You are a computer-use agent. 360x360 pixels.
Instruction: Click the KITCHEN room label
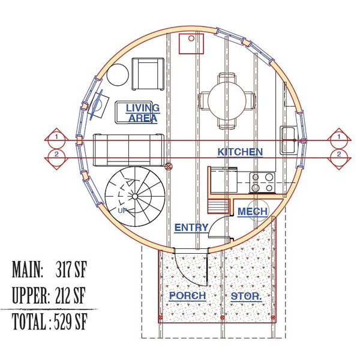click(240, 152)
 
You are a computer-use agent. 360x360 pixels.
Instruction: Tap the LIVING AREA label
click(143, 113)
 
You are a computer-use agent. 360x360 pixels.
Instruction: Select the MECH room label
click(253, 211)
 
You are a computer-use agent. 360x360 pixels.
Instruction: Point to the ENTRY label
click(191, 228)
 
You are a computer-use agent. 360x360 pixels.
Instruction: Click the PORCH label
click(187, 296)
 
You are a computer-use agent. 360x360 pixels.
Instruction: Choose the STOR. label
click(246, 296)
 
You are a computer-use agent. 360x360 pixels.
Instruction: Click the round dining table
click(227, 101)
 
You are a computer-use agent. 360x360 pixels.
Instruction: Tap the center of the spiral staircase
click(135, 197)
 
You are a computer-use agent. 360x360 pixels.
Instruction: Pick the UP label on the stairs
click(122, 211)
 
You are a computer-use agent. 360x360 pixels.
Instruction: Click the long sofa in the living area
click(129, 150)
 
